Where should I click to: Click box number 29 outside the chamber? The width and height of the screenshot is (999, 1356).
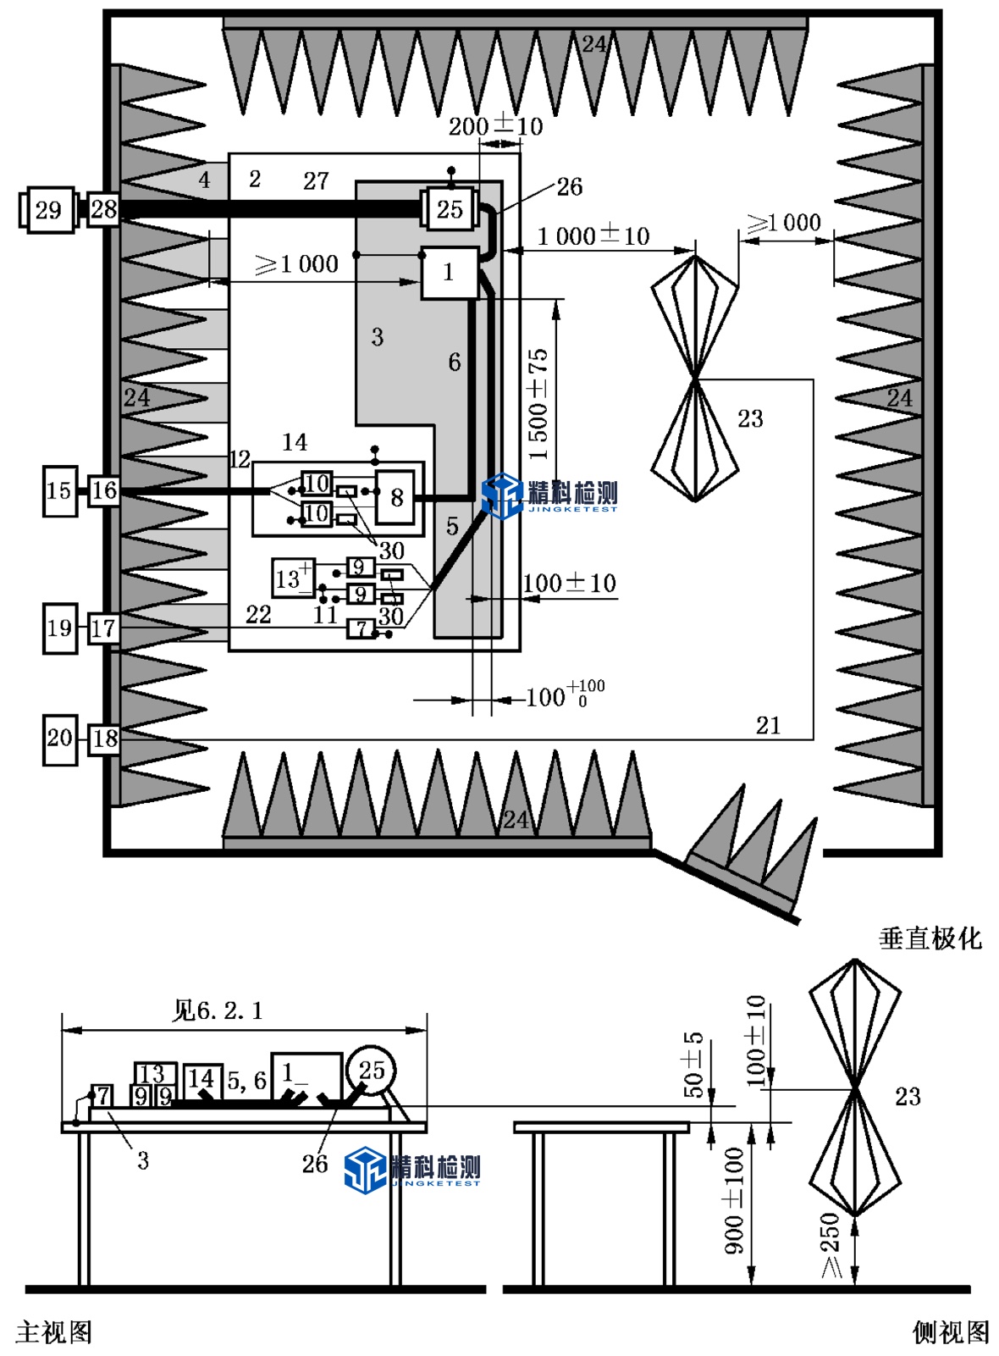pyautogui.click(x=47, y=209)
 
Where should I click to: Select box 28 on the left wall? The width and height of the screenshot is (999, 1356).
pyautogui.click(x=103, y=208)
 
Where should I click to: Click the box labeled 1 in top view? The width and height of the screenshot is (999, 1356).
pyautogui.click(x=449, y=272)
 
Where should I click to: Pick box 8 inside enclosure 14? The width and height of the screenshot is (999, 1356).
pyautogui.click(x=396, y=497)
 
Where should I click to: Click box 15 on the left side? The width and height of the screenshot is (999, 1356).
pyautogui.click(x=59, y=490)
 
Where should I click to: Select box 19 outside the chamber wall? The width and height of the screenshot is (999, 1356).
pyautogui.click(x=59, y=628)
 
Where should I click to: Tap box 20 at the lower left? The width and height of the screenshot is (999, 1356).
pyautogui.click(x=59, y=739)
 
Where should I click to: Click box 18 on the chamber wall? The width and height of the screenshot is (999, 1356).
pyautogui.click(x=104, y=739)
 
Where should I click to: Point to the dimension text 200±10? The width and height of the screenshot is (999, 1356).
pyautogui.click(x=495, y=126)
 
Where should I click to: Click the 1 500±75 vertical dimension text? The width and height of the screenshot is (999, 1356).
pyautogui.click(x=538, y=404)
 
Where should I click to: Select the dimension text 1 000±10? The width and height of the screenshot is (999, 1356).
pyautogui.click(x=593, y=235)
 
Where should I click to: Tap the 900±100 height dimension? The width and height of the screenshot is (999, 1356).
pyautogui.click(x=734, y=1199)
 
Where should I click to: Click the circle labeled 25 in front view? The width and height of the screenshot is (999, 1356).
pyautogui.click(x=371, y=1071)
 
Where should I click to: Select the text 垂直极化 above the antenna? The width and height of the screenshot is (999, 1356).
pyautogui.click(x=930, y=938)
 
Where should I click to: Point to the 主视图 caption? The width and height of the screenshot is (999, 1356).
pyautogui.click(x=53, y=1331)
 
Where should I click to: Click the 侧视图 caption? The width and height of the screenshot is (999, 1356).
pyautogui.click(x=950, y=1331)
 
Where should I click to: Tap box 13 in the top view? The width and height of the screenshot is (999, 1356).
pyautogui.click(x=292, y=578)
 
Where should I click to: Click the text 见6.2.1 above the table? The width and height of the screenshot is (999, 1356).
pyautogui.click(x=218, y=1010)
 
